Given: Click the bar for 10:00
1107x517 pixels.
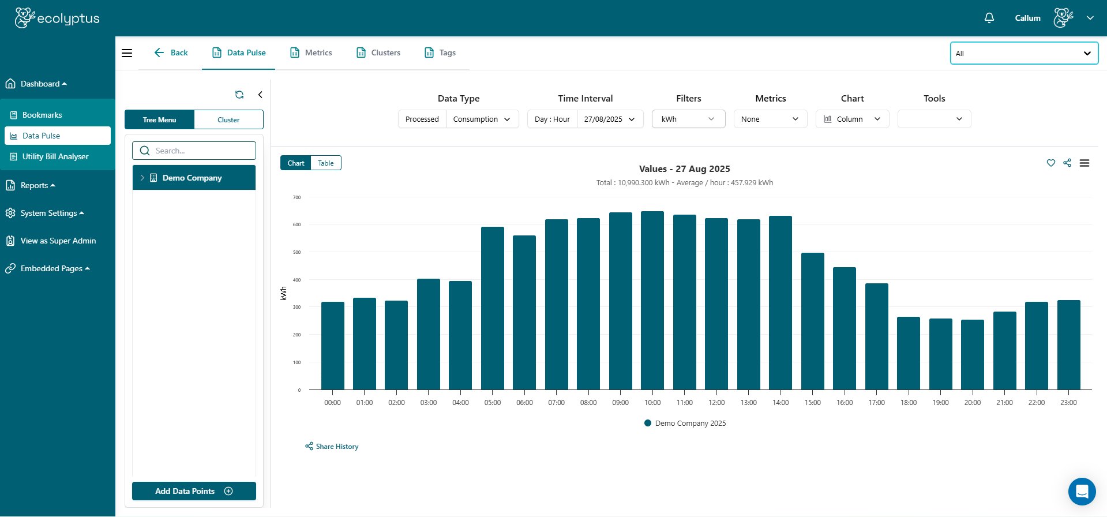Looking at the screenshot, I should (x=652, y=300).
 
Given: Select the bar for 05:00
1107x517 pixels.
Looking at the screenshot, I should (x=493, y=308).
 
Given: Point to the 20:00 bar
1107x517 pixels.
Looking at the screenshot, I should (x=973, y=354).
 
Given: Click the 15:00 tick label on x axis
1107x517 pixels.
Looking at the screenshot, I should (x=812, y=403).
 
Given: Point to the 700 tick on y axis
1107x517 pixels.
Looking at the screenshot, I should (x=297, y=197).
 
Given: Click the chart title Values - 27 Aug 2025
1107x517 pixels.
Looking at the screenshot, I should (x=684, y=169).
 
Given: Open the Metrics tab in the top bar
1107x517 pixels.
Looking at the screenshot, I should (x=311, y=53).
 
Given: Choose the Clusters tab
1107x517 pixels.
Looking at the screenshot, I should (x=378, y=53).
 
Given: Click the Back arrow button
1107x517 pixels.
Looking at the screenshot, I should (x=171, y=53).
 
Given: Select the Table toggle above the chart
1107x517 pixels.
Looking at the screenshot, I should (x=326, y=163).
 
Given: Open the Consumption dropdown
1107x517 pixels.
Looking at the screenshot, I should (x=482, y=119).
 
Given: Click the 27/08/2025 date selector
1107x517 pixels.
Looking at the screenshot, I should (x=609, y=119).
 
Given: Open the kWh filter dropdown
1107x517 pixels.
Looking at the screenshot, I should (x=688, y=119).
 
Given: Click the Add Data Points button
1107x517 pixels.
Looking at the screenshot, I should (x=194, y=491).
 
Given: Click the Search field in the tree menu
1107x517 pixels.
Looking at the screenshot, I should (x=194, y=151).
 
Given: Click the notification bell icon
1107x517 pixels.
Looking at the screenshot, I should (x=989, y=18).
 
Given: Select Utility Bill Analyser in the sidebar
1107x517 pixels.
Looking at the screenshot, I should (x=55, y=156).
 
